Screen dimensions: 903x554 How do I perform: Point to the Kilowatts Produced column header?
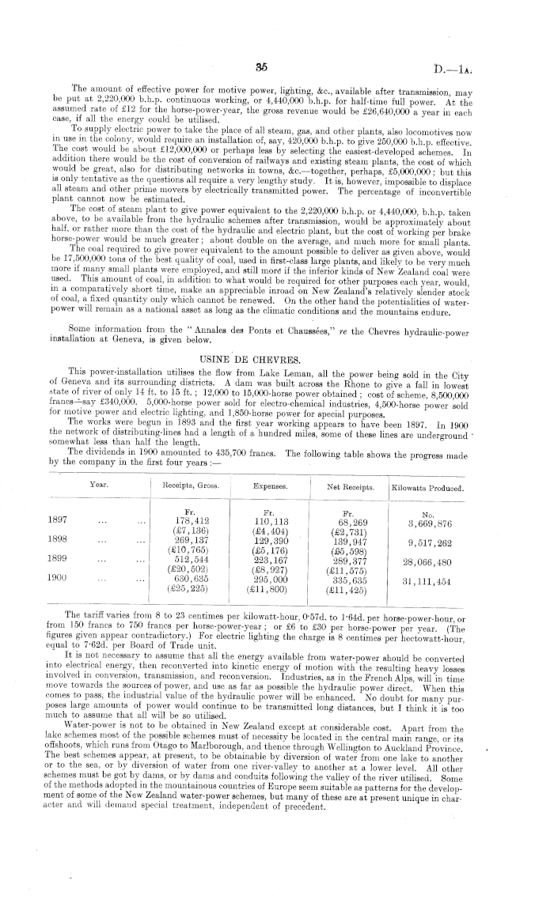[x=428, y=488]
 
